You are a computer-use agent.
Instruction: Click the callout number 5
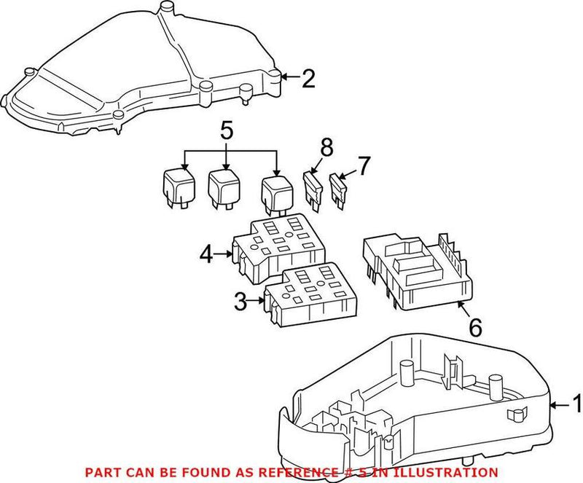pyautogui.click(x=227, y=133)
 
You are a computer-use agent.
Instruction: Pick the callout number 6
pyautogui.click(x=474, y=327)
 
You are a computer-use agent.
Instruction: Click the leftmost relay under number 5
pyautogui.click(x=175, y=189)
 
